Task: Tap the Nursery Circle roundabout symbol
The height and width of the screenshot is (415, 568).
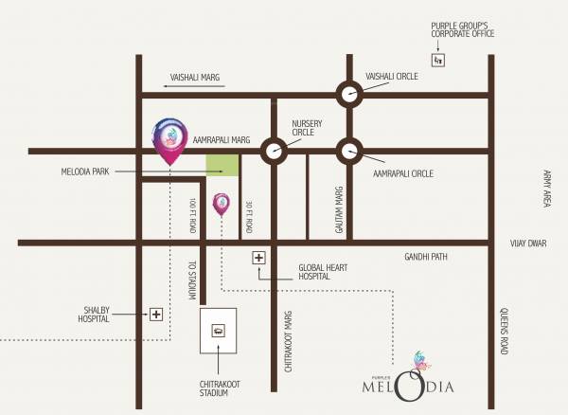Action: tap(275, 150)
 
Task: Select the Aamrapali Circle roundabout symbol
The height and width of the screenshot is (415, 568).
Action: tap(349, 150)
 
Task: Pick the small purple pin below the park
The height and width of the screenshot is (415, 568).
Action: tap(221, 203)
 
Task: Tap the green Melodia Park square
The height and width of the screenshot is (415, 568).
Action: tap(222, 165)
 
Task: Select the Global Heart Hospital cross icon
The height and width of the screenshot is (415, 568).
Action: tap(258, 258)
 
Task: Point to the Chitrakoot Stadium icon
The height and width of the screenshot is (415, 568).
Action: tap(219, 331)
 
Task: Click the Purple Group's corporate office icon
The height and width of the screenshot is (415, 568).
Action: tap(436, 61)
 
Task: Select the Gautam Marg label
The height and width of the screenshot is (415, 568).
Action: tap(336, 203)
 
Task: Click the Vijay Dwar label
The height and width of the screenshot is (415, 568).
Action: tap(528, 244)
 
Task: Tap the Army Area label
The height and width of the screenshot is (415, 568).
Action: tap(547, 189)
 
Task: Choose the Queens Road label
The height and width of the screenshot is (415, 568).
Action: tap(505, 332)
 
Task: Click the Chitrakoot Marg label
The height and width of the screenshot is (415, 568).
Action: tap(288, 339)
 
